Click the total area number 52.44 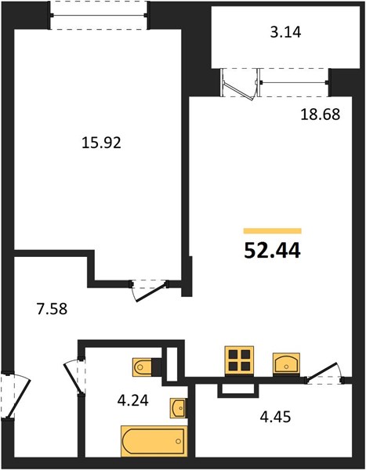pyautogui.click(x=272, y=251)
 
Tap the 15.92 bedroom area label pyautogui.click(x=101, y=143)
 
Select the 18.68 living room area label pyautogui.click(x=321, y=114)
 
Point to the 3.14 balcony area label pyautogui.click(x=285, y=32)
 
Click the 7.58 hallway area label pyautogui.click(x=52, y=309)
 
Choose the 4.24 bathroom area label pyautogui.click(x=133, y=400)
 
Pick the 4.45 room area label pyautogui.click(x=275, y=417)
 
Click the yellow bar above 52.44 pyautogui.click(x=273, y=230)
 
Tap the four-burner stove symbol pyautogui.click(x=239, y=361)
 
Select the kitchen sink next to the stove pyautogui.click(x=286, y=363)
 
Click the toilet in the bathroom pyautogui.click(x=142, y=367)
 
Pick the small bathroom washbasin pyautogui.click(x=178, y=408)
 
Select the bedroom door pyautogui.click(x=150, y=290)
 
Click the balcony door pyautogui.click(x=239, y=85)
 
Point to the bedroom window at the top pyautogui.click(x=99, y=15)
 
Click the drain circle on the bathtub pyautogui.click(x=179, y=441)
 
